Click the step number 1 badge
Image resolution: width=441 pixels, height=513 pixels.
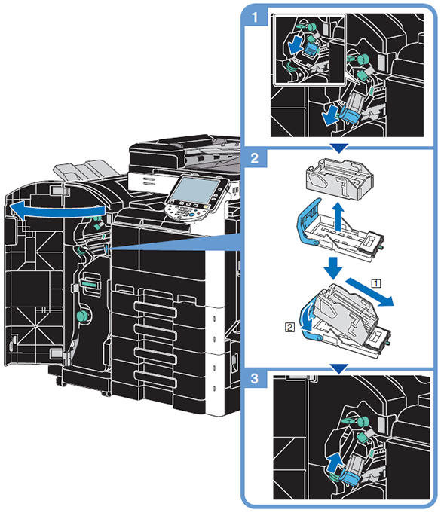(x=255, y=17)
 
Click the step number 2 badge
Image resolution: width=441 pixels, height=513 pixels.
(x=255, y=158)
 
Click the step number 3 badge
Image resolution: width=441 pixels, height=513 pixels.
(x=255, y=379)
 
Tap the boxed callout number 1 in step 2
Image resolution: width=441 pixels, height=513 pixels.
(x=376, y=282)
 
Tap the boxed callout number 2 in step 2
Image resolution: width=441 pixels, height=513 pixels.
(x=289, y=327)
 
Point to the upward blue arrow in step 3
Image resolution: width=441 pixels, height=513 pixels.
(x=335, y=463)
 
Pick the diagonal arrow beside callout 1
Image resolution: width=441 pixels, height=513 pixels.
(x=369, y=292)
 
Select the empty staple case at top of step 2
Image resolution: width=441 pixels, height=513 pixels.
(x=339, y=179)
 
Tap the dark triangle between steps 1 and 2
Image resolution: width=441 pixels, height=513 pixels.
(x=339, y=148)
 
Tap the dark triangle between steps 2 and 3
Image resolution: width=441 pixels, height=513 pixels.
(x=339, y=368)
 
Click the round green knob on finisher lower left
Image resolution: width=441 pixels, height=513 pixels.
(x=82, y=316)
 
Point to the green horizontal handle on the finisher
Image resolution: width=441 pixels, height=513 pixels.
(x=90, y=282)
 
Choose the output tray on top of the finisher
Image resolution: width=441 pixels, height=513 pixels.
(x=86, y=170)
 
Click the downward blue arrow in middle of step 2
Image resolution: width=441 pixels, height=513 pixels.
(x=333, y=268)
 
